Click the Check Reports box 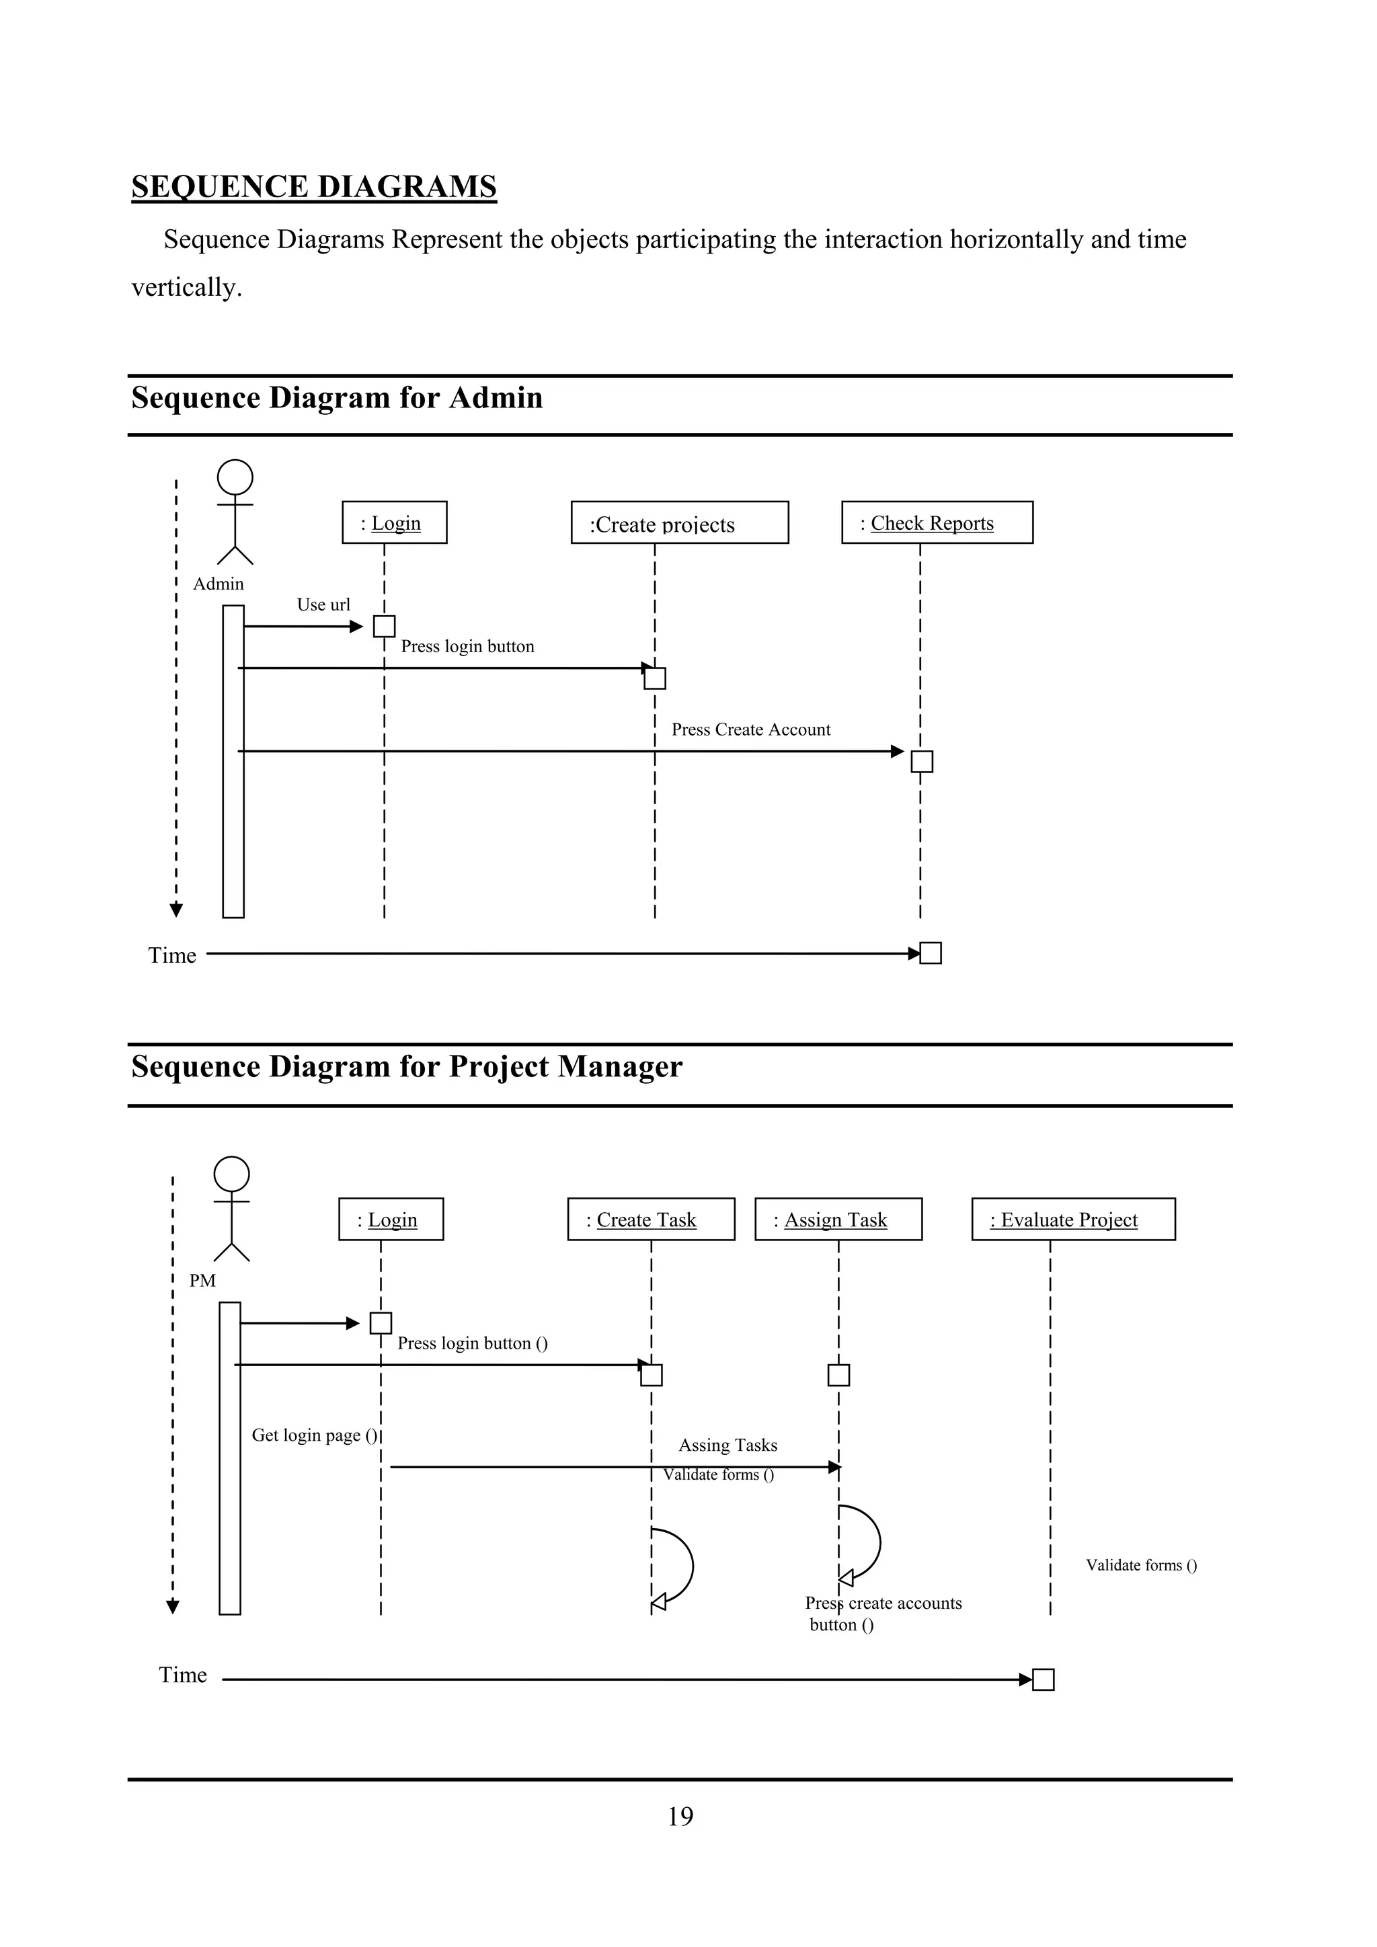click(937, 522)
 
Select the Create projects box click(679, 522)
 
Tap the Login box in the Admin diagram click(394, 522)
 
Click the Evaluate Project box click(1072, 1220)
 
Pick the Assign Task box click(838, 1220)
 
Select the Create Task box click(650, 1220)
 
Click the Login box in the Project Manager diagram click(391, 1220)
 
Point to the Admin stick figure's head click(235, 477)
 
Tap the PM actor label click(202, 1281)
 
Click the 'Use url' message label click(323, 604)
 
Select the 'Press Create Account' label click(750, 729)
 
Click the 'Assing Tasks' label click(727, 1445)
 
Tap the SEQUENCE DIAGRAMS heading click(314, 186)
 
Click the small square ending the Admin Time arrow click(930, 953)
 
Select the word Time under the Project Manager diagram click(182, 1675)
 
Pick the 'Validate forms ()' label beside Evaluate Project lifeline click(1141, 1565)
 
